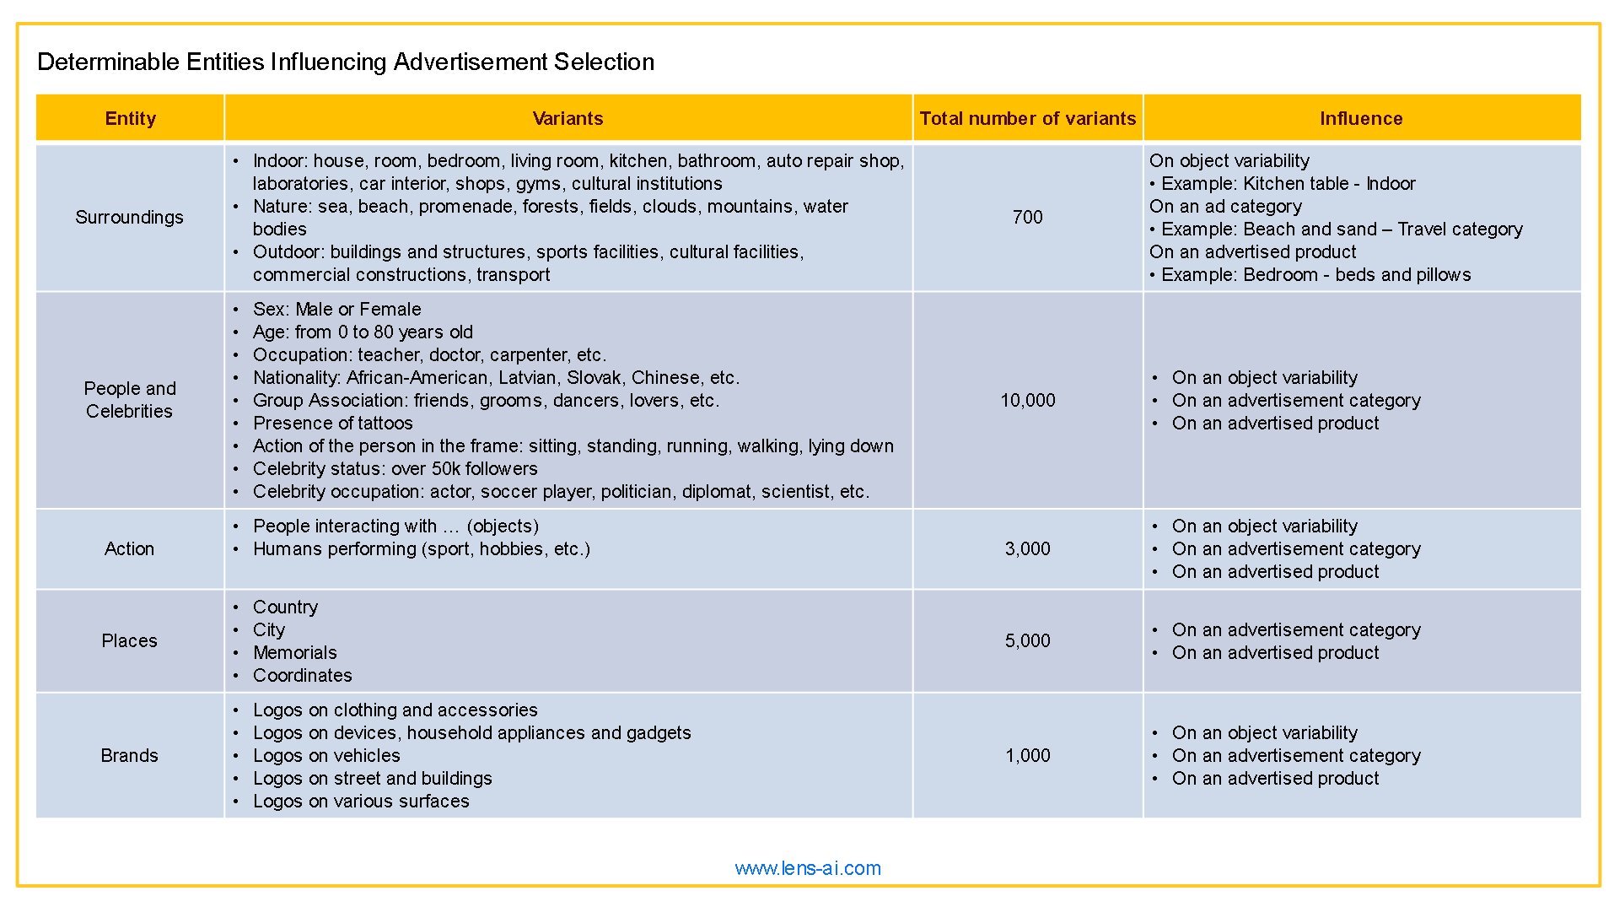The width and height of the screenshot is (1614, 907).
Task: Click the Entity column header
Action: (x=130, y=118)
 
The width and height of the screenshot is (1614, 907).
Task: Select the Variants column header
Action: (x=568, y=118)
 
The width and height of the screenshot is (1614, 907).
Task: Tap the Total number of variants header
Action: (x=1027, y=118)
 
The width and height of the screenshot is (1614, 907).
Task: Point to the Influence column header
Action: (x=1360, y=118)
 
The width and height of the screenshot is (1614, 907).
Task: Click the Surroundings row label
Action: (x=129, y=217)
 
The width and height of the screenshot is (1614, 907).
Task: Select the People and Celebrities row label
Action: (x=129, y=400)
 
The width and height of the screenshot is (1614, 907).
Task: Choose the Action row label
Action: (x=129, y=548)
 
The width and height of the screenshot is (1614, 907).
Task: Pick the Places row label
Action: (x=129, y=640)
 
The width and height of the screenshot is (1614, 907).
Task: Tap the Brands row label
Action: (x=129, y=755)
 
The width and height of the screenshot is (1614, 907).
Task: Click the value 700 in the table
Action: (x=1027, y=217)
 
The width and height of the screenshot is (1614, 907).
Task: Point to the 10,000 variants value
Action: (x=1027, y=400)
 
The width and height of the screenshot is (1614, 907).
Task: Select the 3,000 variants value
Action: (x=1027, y=548)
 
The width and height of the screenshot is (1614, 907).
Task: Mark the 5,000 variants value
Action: (x=1027, y=640)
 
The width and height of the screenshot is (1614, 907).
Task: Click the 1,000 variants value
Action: (x=1027, y=755)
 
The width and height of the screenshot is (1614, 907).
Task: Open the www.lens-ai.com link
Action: (x=807, y=868)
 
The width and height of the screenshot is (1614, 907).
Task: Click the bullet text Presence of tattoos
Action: (x=332, y=423)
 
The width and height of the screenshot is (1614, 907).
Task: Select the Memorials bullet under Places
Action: (x=294, y=652)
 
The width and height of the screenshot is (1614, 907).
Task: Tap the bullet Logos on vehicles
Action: (x=326, y=755)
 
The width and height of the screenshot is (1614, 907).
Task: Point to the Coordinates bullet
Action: (x=302, y=675)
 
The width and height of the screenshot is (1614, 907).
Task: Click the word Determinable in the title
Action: (x=108, y=62)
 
